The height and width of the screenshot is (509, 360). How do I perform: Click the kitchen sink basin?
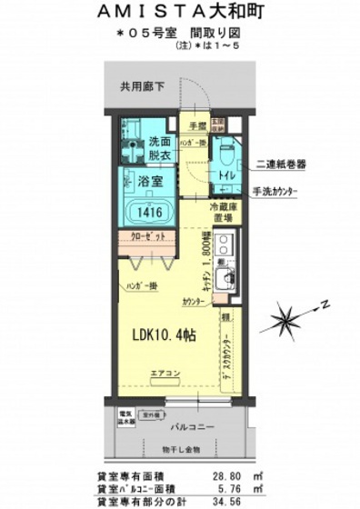pos(226,276)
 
